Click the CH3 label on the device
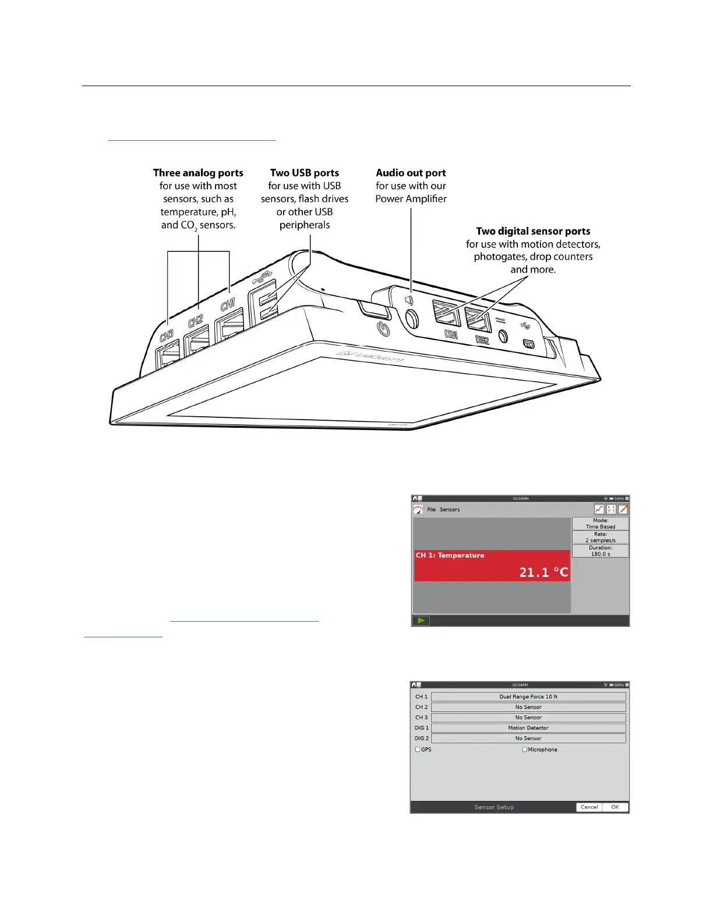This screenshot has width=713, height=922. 167,336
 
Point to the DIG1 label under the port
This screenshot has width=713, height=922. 451,335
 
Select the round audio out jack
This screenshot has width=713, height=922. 412,318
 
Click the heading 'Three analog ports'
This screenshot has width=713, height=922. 198,173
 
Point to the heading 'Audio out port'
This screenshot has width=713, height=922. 411,173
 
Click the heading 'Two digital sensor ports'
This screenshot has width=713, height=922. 533,231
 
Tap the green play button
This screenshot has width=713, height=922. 421,620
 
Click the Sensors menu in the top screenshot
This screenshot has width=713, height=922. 450,509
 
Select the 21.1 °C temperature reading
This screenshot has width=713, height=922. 543,573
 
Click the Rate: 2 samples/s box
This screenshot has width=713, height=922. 600,537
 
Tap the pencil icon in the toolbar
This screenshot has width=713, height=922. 623,509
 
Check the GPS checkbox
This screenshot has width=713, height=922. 418,750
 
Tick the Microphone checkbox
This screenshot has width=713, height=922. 525,750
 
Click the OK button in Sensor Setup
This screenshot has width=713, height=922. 615,807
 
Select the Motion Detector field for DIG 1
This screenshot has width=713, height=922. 528,728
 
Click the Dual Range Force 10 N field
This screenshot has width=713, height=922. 528,697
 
